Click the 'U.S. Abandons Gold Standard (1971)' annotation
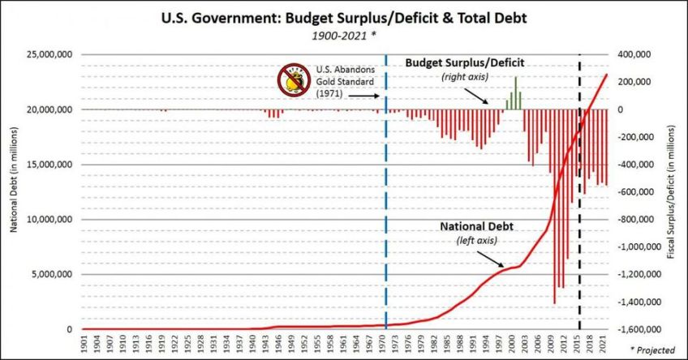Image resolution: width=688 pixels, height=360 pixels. [x=340, y=81]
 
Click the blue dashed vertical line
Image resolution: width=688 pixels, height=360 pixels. [x=385, y=203]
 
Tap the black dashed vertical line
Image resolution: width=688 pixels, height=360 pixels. [x=579, y=203]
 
